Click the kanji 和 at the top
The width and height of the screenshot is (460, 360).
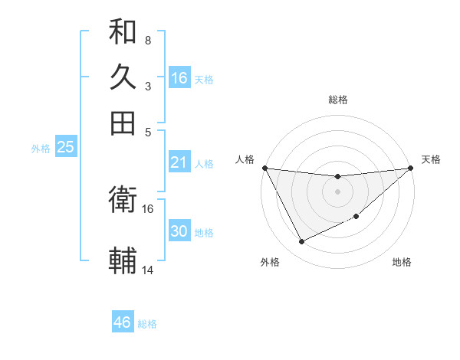coord(123,31)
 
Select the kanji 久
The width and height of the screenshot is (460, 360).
coord(123,77)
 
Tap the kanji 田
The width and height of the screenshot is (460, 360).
coord(123,123)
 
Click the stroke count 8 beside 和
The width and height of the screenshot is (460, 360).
coord(147,40)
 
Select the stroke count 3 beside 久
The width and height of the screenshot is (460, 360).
coord(147,86)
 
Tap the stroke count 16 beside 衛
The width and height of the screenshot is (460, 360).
coord(148,208)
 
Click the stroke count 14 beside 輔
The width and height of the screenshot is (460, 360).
coord(148,270)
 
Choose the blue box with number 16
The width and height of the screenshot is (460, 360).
coord(179,78)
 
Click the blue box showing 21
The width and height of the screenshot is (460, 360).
coord(179,162)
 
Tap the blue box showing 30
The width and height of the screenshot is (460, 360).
coord(179,231)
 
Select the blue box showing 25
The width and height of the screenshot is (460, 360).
coord(65,147)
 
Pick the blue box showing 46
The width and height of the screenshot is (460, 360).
coord(123,322)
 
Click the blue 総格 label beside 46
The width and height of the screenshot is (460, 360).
coord(147,324)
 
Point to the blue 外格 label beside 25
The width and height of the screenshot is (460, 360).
coord(41,149)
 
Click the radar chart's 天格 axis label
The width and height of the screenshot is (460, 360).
coord(431,159)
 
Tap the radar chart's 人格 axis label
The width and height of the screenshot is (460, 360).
coord(245,159)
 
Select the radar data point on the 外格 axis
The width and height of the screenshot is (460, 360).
coord(301,242)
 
